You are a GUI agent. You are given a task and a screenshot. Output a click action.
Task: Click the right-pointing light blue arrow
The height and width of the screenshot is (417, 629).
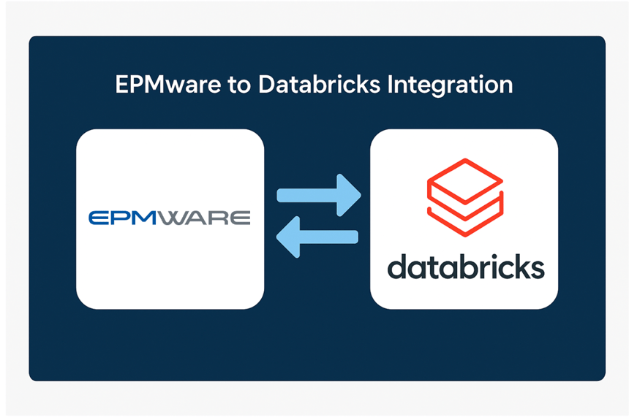pos(319,195)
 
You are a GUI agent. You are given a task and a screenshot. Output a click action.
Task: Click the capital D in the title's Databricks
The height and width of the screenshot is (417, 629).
pos(265,85)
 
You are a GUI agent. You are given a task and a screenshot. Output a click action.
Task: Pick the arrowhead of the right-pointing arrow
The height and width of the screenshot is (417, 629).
pos(349,195)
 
